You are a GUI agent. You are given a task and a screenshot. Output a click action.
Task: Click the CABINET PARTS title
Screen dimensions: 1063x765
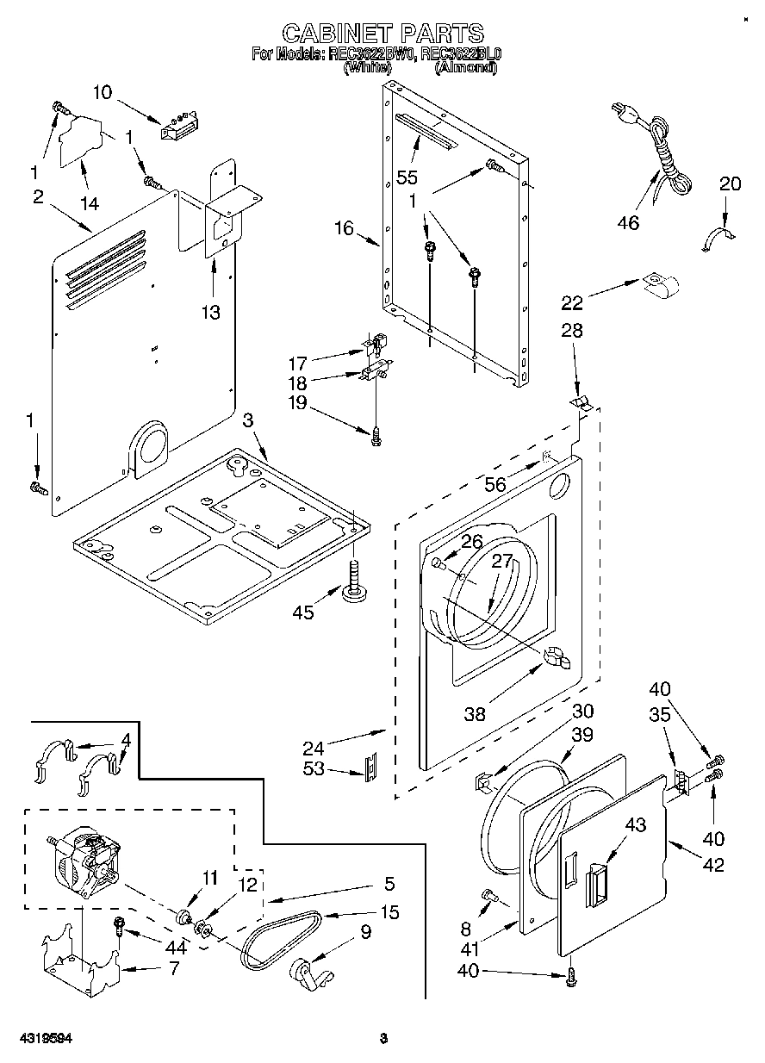[x=383, y=34]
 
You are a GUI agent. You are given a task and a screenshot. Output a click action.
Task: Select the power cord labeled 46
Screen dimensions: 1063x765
[x=663, y=155]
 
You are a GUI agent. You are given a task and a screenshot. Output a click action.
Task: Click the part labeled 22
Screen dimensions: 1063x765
[x=660, y=284]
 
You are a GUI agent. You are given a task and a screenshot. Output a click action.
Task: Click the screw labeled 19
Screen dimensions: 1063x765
[x=376, y=437]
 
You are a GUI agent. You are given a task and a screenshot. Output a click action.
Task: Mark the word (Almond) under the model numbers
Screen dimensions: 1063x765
[x=465, y=67]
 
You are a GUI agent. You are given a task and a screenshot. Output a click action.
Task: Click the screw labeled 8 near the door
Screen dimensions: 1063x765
[x=492, y=896]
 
